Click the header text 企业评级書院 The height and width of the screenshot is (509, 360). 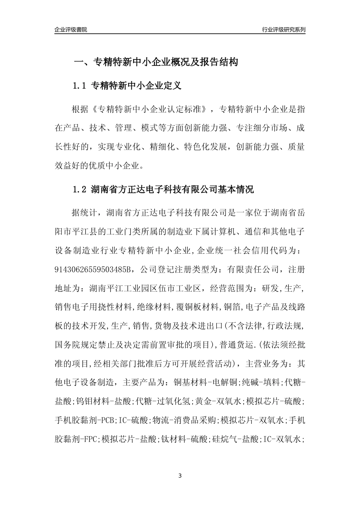click(71, 30)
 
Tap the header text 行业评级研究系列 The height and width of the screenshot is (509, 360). click(283, 30)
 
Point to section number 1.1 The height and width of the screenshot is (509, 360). click(80, 86)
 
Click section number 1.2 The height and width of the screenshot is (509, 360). click(80, 189)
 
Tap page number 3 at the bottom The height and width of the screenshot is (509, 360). click(180, 475)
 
